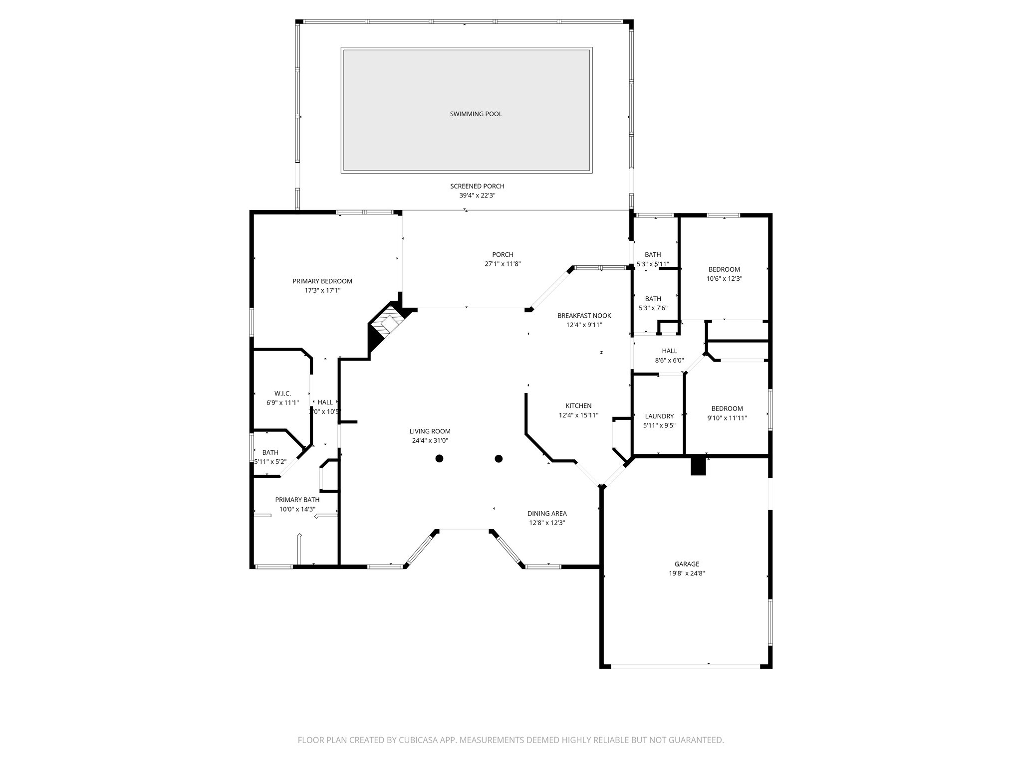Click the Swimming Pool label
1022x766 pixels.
[476, 114]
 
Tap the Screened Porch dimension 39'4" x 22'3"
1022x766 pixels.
[477, 195]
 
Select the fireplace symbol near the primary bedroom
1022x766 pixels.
[387, 324]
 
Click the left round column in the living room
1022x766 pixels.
[439, 458]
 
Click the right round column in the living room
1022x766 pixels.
[499, 458]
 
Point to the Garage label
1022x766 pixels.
[687, 564]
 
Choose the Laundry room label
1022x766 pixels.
[659, 416]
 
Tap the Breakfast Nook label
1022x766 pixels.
[584, 316]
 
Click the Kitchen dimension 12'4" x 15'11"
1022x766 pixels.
[578, 415]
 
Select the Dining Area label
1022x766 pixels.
[547, 513]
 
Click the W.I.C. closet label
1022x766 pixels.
[282, 393]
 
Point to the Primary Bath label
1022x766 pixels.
[297, 500]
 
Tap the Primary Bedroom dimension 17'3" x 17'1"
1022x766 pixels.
[322, 290]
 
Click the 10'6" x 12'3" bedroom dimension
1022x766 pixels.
[724, 279]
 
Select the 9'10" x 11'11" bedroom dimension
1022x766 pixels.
[727, 418]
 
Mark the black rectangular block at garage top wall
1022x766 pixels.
[699, 466]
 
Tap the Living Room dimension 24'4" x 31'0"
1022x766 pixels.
[430, 440]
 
